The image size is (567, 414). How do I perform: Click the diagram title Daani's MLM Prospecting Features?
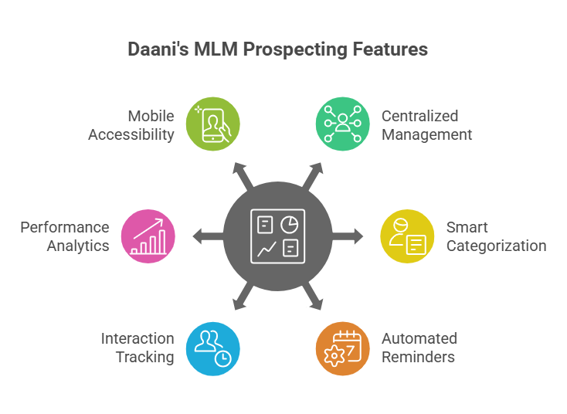(x=277, y=50)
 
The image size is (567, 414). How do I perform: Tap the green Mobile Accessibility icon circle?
(x=213, y=124)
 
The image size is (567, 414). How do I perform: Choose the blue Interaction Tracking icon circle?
(x=213, y=348)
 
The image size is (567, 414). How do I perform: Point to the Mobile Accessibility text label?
(x=131, y=125)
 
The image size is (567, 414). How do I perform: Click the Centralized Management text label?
(x=426, y=125)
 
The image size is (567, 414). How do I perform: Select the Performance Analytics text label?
(x=66, y=236)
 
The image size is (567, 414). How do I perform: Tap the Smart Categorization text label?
(x=496, y=236)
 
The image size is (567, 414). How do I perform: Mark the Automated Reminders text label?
(x=419, y=348)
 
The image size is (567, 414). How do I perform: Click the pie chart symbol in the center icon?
(x=290, y=223)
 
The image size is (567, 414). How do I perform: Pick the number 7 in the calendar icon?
(x=350, y=350)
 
